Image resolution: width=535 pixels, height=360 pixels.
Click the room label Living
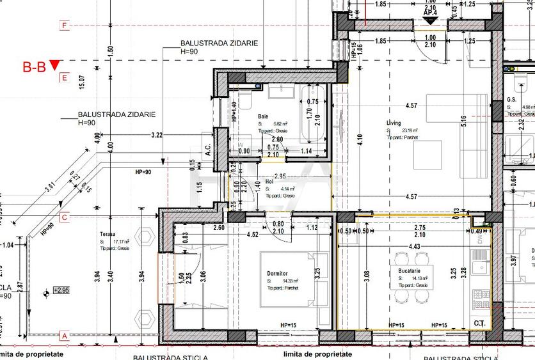click(393, 122)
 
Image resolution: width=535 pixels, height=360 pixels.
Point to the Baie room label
click(263, 116)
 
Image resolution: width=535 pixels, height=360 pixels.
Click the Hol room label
click(269, 182)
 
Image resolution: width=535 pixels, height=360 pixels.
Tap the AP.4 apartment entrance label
click(430, 12)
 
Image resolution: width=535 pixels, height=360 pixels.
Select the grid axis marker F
click(64, 26)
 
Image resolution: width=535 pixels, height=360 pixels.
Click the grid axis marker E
click(64, 78)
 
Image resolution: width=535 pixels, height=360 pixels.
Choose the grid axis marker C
click(64, 217)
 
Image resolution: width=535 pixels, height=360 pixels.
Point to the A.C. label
click(208, 148)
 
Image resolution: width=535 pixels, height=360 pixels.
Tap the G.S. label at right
click(511, 100)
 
